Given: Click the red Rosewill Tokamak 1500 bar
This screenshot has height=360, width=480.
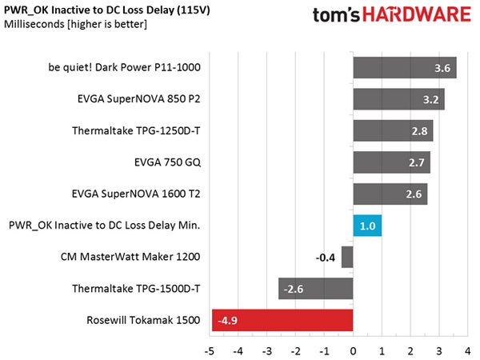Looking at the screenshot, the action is coord(282,320).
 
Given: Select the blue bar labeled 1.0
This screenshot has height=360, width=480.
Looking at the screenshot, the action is coord(367,226).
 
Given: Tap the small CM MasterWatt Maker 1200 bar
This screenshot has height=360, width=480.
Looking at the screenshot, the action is coord(347,257).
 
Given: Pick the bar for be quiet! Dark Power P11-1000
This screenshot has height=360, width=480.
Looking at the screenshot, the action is coord(405,68).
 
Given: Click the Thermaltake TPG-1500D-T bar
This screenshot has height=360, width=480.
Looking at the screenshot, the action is coord(316,289).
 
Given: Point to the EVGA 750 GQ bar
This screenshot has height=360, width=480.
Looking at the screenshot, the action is coord(392,162).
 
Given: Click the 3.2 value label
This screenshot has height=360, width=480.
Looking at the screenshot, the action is coord(430,99).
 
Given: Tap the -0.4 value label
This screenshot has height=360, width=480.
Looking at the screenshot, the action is coord(326,258).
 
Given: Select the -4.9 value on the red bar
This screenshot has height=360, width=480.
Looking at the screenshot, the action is coord(227,321).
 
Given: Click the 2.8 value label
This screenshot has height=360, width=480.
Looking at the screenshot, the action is coord(419,131).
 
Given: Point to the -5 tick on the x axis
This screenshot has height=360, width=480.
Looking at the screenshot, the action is coord(209,351).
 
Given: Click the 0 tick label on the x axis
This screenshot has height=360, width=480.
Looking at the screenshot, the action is coord(353,351).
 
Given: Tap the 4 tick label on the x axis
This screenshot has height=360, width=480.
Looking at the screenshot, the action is coord(467,351).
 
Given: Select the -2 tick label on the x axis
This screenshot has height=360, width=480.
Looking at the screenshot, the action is coord(295,351).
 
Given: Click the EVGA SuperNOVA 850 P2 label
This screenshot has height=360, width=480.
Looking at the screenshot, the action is coord(138,99).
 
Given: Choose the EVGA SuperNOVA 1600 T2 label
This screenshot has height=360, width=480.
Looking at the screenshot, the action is coord(136,194).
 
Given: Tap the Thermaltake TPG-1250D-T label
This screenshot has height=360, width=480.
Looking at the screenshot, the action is coord(136,130).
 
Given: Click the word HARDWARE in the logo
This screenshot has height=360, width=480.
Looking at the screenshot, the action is coord(417,14).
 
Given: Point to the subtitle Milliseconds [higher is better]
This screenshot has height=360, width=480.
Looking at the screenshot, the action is coord(75,24).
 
